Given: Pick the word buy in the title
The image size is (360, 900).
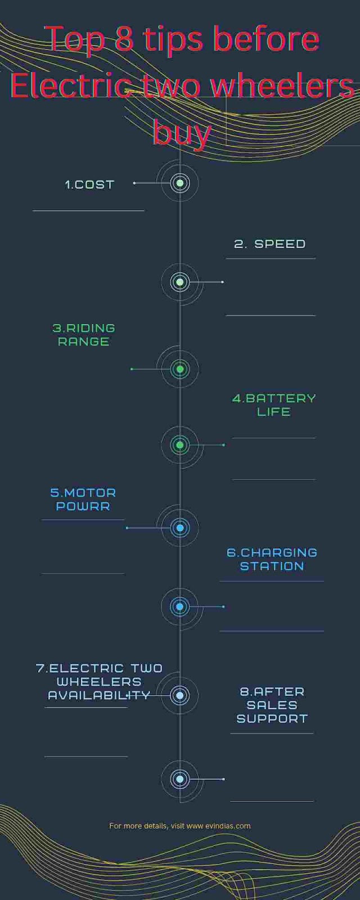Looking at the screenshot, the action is [182, 133].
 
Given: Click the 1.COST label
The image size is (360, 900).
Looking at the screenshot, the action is [89, 184].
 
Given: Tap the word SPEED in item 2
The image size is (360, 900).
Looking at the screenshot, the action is [280, 244].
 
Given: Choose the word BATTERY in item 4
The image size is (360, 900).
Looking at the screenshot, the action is [281, 398].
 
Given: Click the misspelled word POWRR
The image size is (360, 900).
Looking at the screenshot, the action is [83, 506].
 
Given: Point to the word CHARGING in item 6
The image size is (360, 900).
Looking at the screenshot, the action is [279, 553].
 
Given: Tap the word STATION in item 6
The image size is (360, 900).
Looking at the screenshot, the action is [272, 566].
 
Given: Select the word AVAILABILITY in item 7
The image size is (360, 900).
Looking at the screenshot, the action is [99, 696].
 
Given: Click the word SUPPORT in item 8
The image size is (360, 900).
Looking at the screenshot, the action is [272, 719].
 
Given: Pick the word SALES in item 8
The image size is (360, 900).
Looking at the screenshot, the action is [272, 705].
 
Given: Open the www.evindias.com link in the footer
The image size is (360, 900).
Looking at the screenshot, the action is [218, 826].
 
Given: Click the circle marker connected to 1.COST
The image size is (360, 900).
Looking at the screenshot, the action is [180, 183].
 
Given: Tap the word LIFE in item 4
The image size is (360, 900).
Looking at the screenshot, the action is [273, 412].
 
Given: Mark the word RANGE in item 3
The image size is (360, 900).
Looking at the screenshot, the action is [83, 341].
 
